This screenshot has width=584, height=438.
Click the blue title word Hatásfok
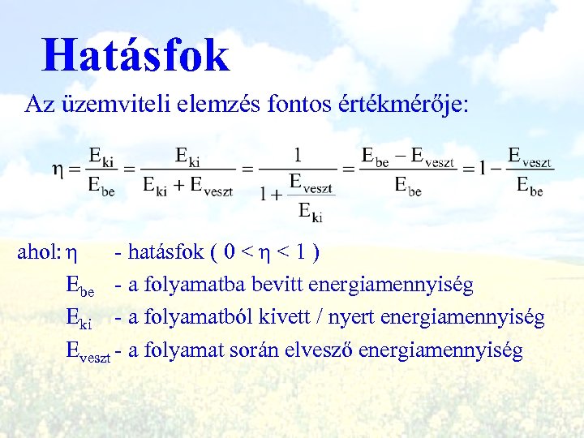136,55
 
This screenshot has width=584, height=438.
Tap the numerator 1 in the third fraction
298,154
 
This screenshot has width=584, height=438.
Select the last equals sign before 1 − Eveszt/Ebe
469,170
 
